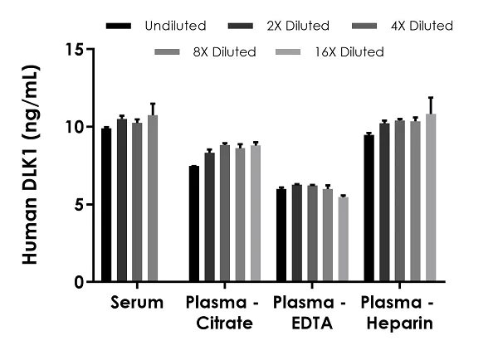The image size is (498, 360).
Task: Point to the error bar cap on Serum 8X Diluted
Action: pyautogui.click(x=152, y=104)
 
